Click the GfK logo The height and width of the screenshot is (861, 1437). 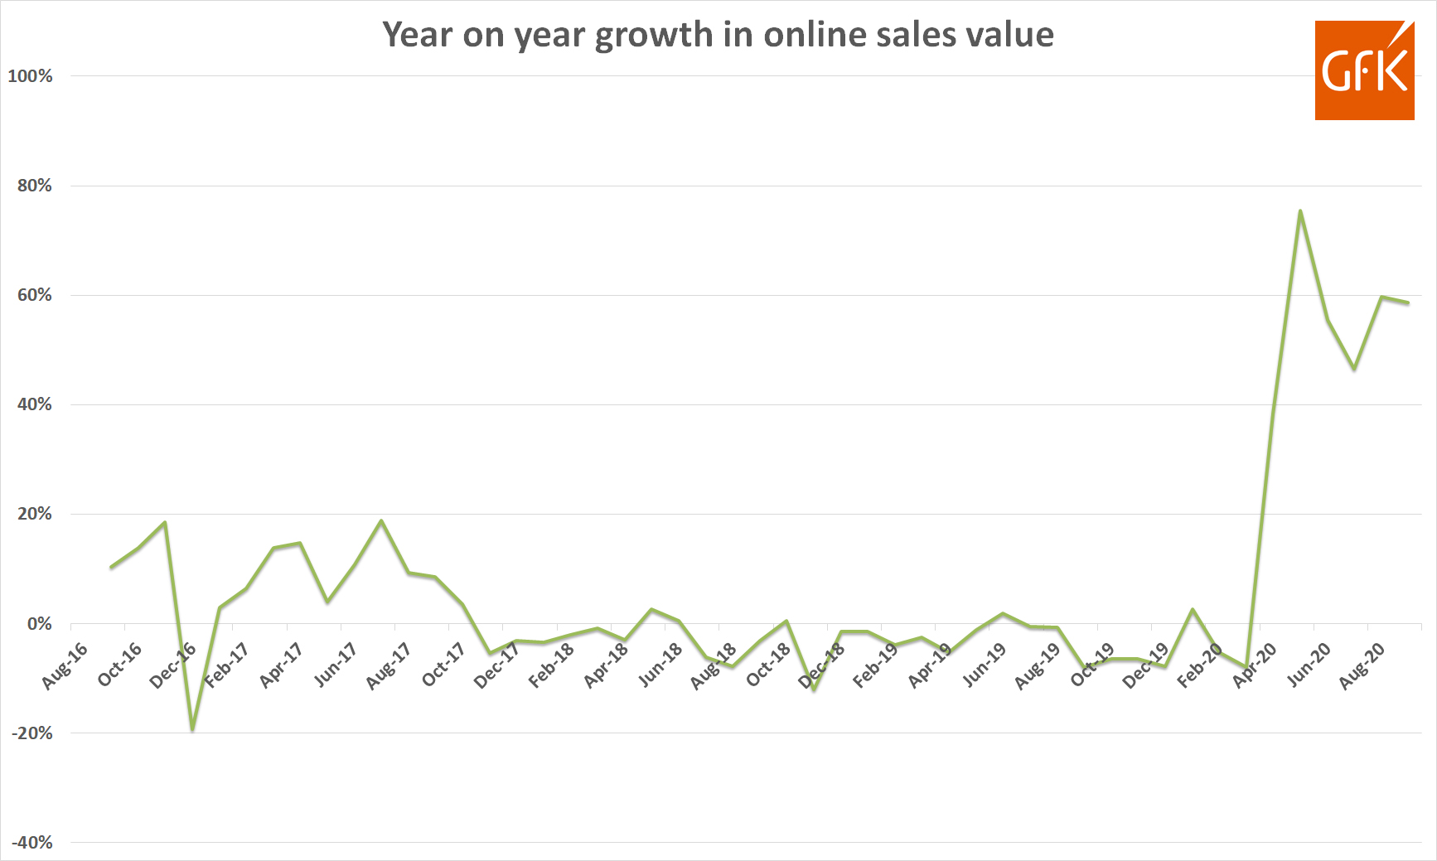(x=1364, y=70)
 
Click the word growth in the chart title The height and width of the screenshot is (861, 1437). (x=654, y=35)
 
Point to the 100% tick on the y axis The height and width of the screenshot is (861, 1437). (x=31, y=76)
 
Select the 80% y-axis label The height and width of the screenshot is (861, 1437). (x=34, y=186)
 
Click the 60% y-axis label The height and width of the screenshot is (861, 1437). (x=34, y=295)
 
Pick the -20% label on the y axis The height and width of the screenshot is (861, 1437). (x=32, y=733)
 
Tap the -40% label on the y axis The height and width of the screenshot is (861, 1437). (x=32, y=843)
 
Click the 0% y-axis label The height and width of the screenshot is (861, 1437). (x=39, y=624)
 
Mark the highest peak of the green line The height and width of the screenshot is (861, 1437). (x=1300, y=210)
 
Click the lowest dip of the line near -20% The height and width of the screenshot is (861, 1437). (x=192, y=730)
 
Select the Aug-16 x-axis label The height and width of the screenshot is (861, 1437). (x=65, y=666)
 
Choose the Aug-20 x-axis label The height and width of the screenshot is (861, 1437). (x=1362, y=666)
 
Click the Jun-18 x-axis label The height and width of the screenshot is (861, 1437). (x=660, y=666)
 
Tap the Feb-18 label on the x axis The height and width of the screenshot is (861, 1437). (x=551, y=666)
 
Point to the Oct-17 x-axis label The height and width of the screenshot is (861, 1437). (x=443, y=666)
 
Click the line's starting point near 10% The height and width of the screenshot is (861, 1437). (x=111, y=568)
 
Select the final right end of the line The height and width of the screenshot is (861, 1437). (x=1408, y=302)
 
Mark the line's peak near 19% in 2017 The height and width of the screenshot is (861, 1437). (x=380, y=520)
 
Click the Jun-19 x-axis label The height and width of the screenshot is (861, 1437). (x=984, y=666)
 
